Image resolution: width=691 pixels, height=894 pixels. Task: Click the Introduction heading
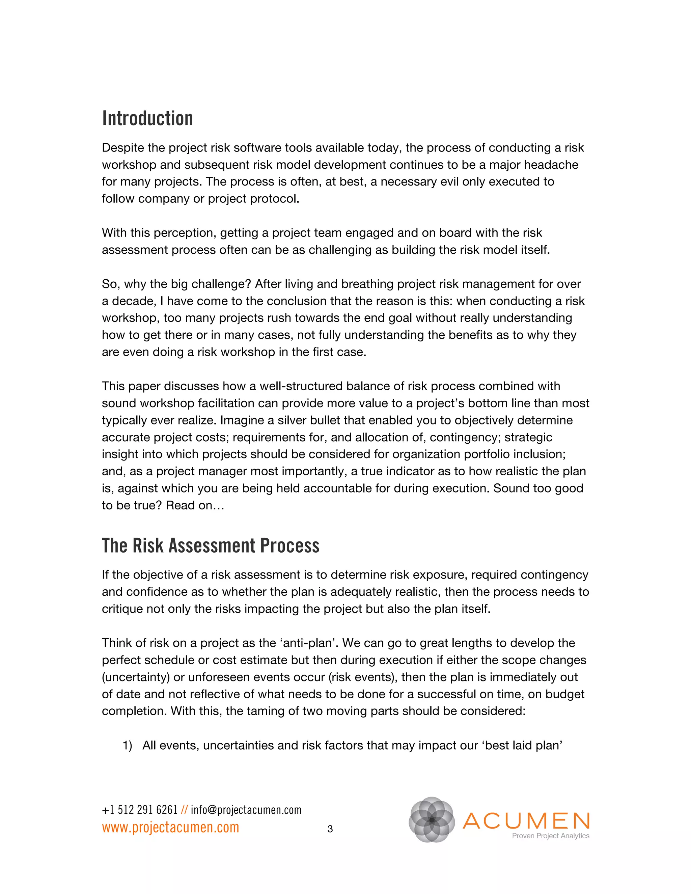pos(147,119)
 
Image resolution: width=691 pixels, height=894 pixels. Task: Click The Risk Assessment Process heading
pos(211,546)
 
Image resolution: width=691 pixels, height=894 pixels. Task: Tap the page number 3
pos(330,829)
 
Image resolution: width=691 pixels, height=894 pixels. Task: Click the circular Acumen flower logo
pos(432,819)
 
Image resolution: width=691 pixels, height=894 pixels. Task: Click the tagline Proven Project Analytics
pos(550,836)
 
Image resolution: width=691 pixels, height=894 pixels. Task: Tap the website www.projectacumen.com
pos(170,827)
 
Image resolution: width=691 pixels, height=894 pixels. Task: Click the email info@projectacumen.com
pos(246,810)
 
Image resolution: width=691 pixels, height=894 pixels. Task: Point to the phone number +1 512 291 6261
pos(140,810)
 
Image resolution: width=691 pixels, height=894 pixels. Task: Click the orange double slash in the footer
pos(184,810)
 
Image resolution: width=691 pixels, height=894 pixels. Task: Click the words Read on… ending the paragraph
pos(195,506)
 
